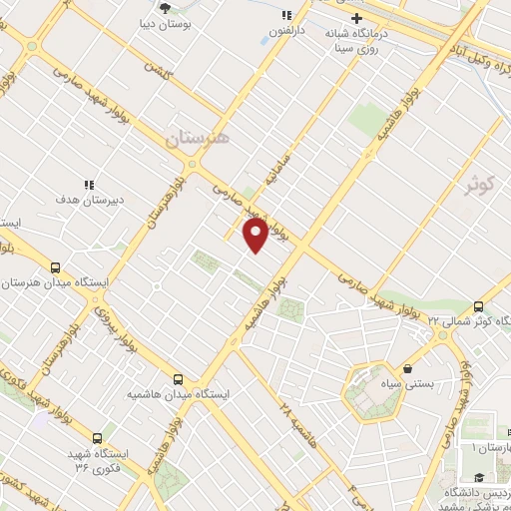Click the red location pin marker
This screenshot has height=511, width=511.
click(255, 235)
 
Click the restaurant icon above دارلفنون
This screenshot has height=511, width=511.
click(287, 15)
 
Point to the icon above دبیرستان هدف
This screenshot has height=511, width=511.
click(89, 185)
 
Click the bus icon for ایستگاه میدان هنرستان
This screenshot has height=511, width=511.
click(55, 267)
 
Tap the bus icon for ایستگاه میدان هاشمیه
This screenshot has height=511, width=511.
click(178, 379)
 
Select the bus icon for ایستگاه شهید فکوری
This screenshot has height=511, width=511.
click(98, 437)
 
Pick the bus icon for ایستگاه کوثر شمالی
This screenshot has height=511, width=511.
click(479, 305)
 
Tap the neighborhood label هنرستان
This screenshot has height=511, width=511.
click(197, 139)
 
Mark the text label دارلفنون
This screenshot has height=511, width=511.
click(287, 30)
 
